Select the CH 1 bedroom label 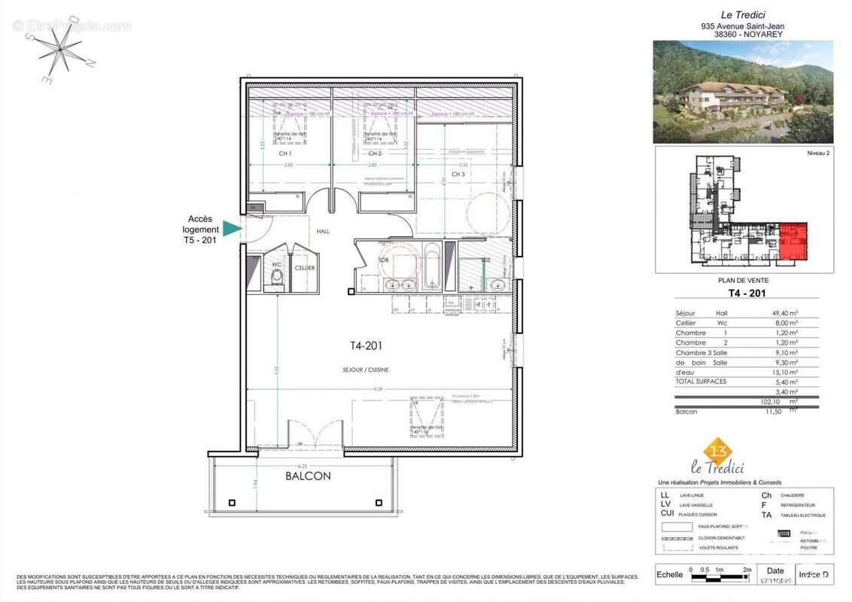[x=285, y=154]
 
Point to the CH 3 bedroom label [x=458, y=174]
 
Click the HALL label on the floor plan [x=323, y=232]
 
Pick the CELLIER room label [x=305, y=268]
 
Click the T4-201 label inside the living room [x=367, y=346]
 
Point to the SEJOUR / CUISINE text [x=367, y=369]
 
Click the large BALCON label [x=307, y=476]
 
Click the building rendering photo [x=743, y=91]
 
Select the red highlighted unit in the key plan [x=793, y=242]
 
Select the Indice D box [x=814, y=574]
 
